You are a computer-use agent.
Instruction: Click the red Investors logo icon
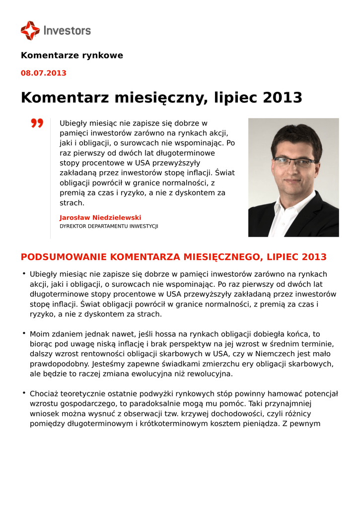pyautogui.click(x=30, y=30)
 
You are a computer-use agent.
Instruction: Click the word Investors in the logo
pyautogui.click(x=67, y=31)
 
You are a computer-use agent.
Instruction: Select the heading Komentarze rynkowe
pyautogui.click(x=72, y=55)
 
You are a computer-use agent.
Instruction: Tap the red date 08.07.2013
pyautogui.click(x=43, y=73)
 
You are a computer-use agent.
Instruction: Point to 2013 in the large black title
pyautogui.click(x=282, y=98)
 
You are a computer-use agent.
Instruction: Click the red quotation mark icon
pyautogui.click(x=37, y=123)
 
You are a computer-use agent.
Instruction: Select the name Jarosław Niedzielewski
pyautogui.click(x=100, y=217)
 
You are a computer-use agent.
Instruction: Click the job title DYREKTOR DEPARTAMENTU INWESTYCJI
pyautogui.click(x=109, y=226)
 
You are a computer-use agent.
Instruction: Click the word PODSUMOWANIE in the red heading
pyautogui.click(x=64, y=257)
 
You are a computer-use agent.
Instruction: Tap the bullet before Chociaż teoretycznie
pyautogui.click(x=23, y=393)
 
